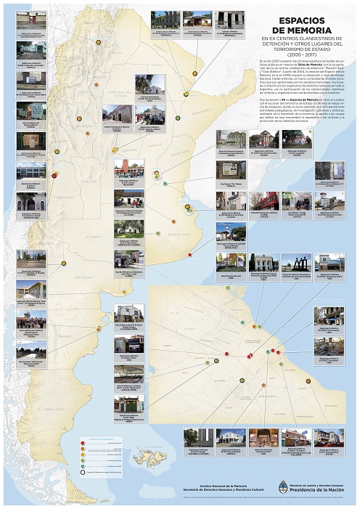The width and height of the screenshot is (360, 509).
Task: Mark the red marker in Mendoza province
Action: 54,176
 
